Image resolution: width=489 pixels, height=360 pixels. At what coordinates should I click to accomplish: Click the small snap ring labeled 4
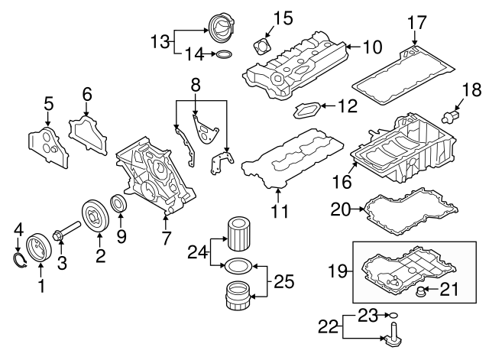coord(20,263)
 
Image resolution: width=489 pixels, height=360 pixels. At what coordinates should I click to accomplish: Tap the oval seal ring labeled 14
coord(222,55)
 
